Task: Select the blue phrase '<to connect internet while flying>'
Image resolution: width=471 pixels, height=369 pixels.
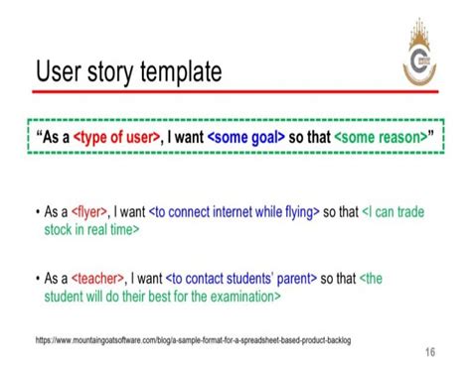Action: point(234,211)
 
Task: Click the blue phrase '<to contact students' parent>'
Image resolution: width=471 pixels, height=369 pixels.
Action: point(247,279)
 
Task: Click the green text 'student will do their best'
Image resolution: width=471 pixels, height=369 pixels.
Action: point(119,296)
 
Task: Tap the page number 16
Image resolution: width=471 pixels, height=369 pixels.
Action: point(429,351)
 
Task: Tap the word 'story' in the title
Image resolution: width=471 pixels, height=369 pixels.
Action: point(101,71)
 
